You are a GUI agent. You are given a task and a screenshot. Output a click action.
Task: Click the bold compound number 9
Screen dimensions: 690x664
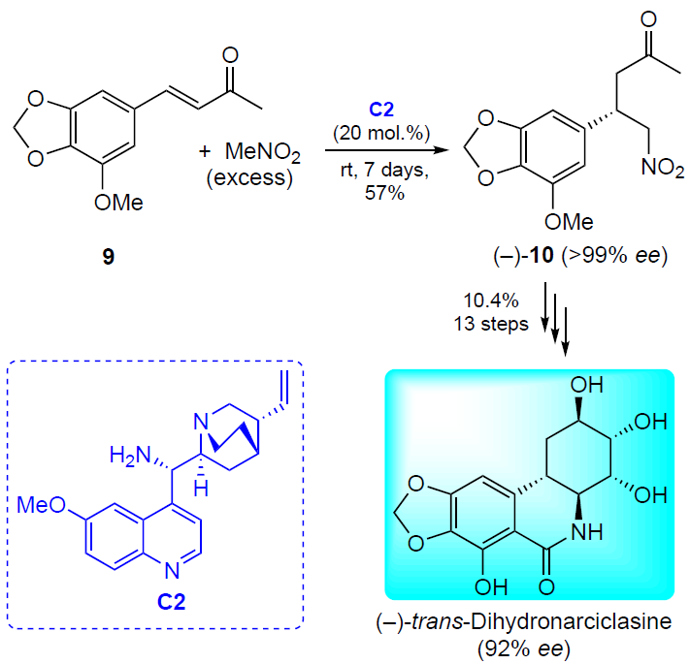(109, 257)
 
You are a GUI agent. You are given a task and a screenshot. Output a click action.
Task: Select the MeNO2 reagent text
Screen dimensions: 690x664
(263, 152)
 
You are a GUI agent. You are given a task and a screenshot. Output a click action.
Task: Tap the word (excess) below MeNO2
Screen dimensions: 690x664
(250, 177)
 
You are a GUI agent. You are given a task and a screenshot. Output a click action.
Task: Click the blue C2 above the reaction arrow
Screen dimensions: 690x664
(381, 109)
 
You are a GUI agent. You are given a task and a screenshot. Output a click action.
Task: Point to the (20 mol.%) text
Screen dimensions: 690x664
(381, 132)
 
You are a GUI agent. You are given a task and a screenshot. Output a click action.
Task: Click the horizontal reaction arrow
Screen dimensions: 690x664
(386, 150)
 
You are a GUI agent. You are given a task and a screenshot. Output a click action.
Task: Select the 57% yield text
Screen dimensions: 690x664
(384, 193)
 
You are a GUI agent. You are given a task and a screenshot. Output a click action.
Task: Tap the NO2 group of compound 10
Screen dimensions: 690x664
(663, 168)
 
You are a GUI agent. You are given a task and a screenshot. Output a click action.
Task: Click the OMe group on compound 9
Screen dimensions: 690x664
(118, 203)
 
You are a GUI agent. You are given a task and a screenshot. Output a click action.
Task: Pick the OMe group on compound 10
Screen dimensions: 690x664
(569, 221)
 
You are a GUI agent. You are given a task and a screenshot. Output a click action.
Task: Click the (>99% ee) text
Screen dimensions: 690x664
(614, 255)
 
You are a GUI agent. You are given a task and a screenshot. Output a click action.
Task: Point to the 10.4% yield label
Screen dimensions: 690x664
(491, 300)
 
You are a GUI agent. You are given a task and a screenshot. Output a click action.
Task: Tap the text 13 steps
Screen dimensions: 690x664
(491, 325)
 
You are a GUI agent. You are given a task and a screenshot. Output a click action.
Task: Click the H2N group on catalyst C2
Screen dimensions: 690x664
(130, 456)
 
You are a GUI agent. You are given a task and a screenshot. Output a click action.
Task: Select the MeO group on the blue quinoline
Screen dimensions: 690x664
(41, 505)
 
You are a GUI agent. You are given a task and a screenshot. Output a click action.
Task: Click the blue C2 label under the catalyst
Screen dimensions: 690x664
(171, 602)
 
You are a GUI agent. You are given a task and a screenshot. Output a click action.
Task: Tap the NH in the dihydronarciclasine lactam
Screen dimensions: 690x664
(586, 532)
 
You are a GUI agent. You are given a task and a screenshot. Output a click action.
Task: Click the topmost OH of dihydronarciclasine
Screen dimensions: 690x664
(586, 385)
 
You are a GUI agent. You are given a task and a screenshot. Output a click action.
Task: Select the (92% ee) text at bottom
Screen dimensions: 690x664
(524, 648)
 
